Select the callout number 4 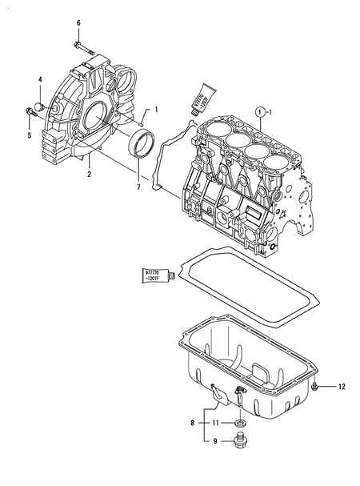click(x=39, y=78)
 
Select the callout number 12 click(x=341, y=388)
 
